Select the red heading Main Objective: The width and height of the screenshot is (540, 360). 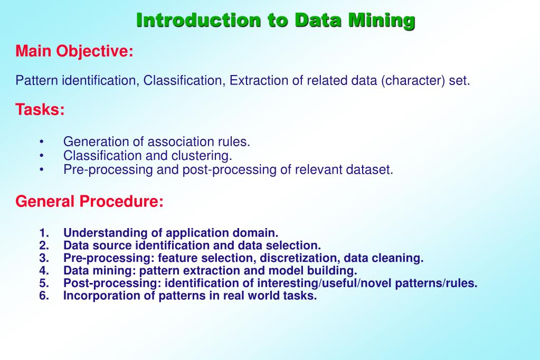click(x=74, y=52)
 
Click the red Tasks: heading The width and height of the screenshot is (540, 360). click(x=40, y=110)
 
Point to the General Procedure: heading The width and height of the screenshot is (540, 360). click(x=90, y=202)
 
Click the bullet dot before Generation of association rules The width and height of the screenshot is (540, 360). click(x=41, y=142)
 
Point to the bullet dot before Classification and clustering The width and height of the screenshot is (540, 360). click(x=41, y=156)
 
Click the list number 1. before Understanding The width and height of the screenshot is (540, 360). click(x=44, y=233)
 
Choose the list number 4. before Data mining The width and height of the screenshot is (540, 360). click(x=44, y=271)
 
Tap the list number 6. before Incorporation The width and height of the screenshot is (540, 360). click(x=44, y=296)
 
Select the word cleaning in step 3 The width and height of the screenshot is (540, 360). click(x=402, y=258)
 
